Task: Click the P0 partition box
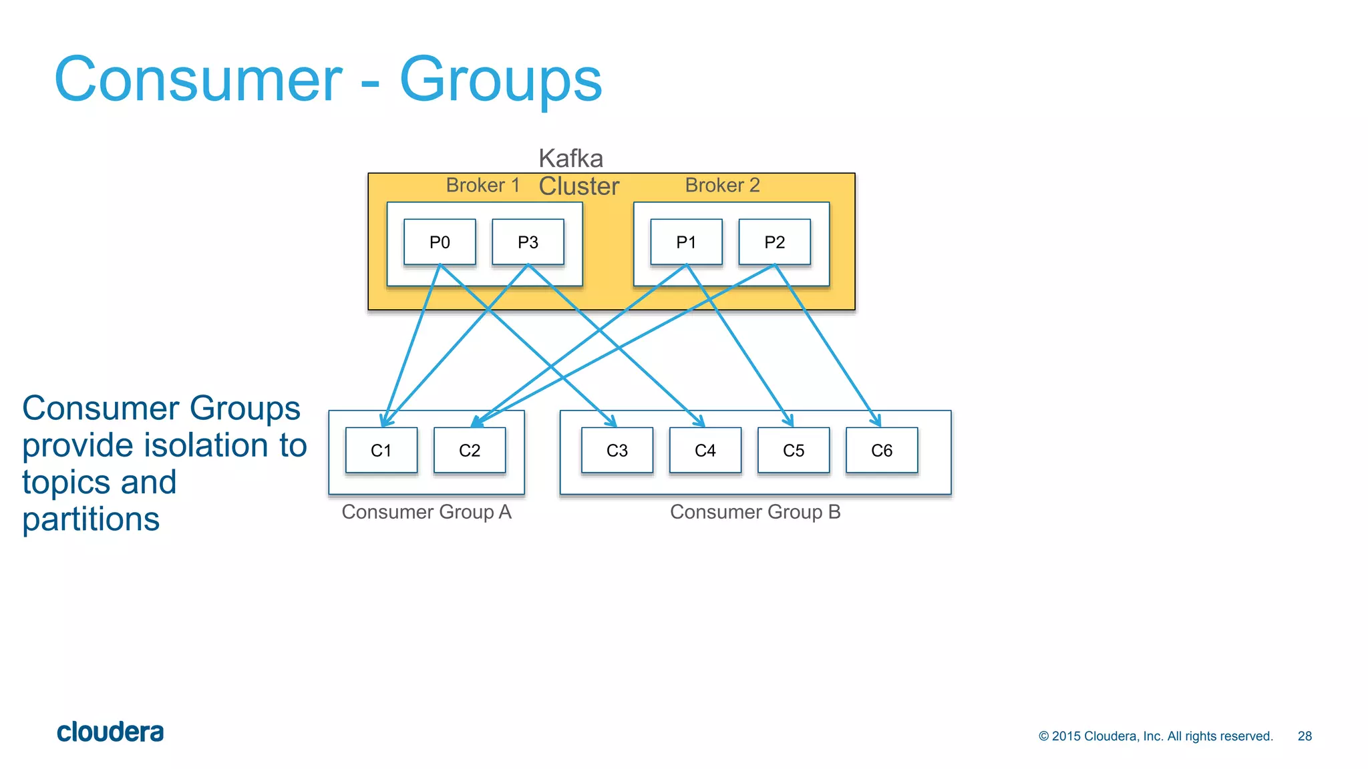[x=440, y=242]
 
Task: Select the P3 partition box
[x=528, y=242]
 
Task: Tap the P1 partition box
[x=686, y=242]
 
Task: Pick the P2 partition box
[x=774, y=242]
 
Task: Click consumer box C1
[x=381, y=451]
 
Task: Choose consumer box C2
[x=469, y=451]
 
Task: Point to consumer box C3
[x=617, y=451]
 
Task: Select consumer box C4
[x=705, y=451]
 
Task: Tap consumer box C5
[x=793, y=451]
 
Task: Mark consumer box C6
[x=881, y=451]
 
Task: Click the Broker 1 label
[x=482, y=185]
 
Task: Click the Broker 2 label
[x=722, y=185]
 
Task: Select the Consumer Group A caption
[x=426, y=512]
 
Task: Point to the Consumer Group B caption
[x=755, y=512]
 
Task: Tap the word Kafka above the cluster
[x=570, y=159]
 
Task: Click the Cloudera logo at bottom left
[x=110, y=732]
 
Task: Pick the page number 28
[x=1305, y=736]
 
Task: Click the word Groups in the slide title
[x=500, y=80]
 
